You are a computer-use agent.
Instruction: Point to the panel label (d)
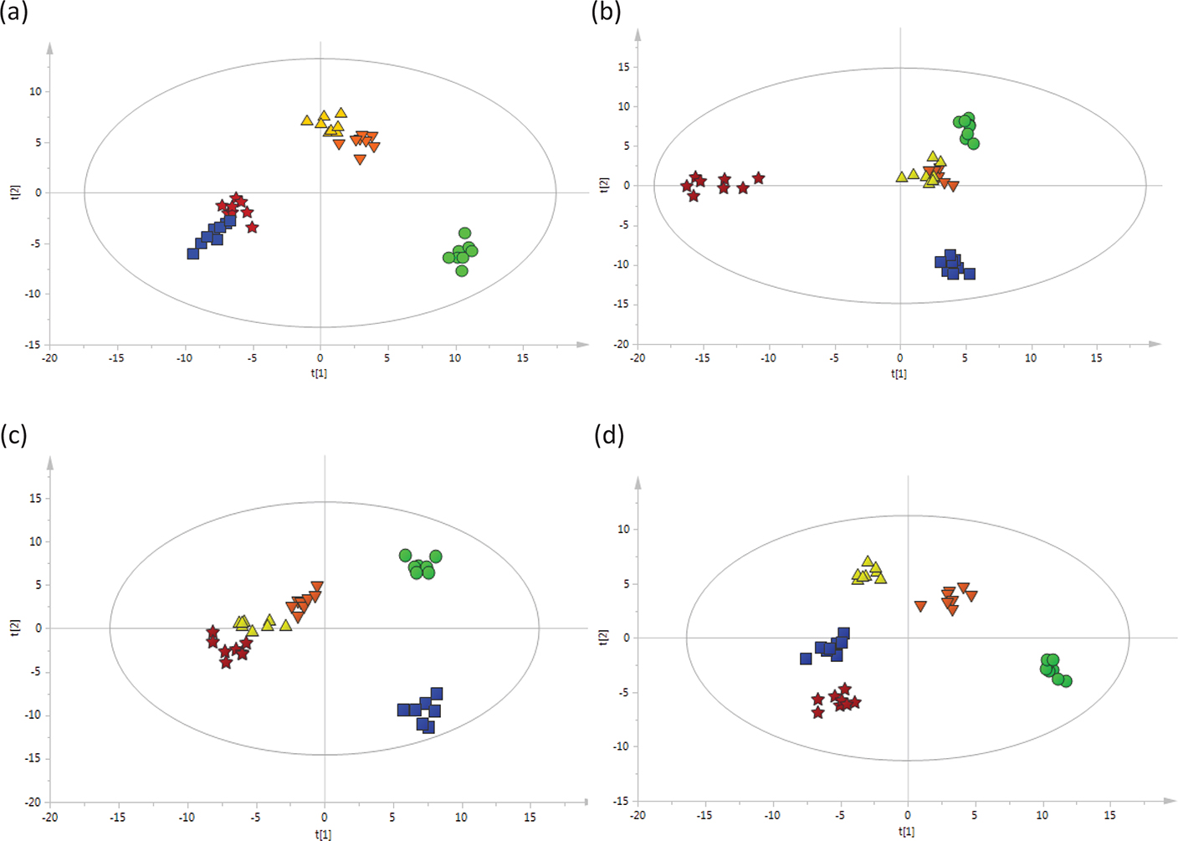point(608,435)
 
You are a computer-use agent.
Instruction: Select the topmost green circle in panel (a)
point(465,233)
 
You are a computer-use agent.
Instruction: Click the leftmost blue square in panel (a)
point(193,254)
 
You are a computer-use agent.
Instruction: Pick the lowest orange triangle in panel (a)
point(360,159)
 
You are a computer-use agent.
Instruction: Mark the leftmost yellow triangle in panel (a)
point(307,121)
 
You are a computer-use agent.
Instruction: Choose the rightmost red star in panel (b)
point(758,178)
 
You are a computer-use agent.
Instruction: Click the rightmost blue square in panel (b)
point(969,274)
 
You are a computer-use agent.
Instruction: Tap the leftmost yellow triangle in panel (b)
point(901,177)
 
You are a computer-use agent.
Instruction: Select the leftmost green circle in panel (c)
point(405,555)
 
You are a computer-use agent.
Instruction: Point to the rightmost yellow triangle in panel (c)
point(286,625)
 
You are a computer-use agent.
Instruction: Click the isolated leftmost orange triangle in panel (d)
point(920,606)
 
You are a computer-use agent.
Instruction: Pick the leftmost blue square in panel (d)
point(806,659)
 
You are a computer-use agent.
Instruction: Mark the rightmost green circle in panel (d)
point(1065,681)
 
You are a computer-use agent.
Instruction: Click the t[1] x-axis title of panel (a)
point(319,373)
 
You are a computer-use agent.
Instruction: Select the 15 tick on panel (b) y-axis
point(623,67)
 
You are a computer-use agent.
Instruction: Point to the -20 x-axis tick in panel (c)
point(50,817)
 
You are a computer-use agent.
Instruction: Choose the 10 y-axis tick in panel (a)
point(35,91)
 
